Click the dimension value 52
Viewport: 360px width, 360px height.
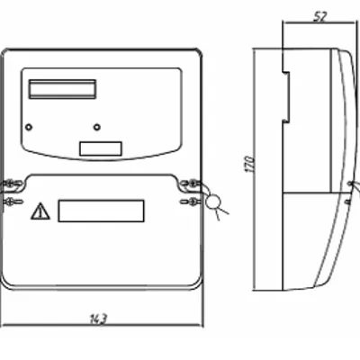(x=320, y=17)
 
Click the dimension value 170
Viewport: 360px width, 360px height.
(x=250, y=164)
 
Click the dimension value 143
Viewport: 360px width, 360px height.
(x=99, y=319)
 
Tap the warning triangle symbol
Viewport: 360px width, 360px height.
(x=40, y=211)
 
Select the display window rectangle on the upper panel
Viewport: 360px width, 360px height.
(x=62, y=89)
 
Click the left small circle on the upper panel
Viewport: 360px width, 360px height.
(x=29, y=127)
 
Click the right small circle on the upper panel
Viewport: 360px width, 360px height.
(x=97, y=127)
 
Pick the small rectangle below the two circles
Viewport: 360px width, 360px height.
(x=101, y=148)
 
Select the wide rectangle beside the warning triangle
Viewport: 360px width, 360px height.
(x=101, y=211)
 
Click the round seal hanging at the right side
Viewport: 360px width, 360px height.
(x=213, y=202)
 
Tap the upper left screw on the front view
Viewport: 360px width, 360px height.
(x=12, y=183)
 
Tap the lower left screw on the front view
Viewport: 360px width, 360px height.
(x=12, y=202)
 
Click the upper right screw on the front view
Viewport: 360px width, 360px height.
(x=192, y=183)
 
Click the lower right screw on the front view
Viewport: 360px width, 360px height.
(x=192, y=202)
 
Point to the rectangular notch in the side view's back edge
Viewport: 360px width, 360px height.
(x=286, y=97)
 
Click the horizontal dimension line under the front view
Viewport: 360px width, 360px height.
(x=102, y=325)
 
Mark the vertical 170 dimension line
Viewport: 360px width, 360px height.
(x=255, y=169)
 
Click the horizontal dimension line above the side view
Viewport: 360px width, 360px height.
(x=319, y=22)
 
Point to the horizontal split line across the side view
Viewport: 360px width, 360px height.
(x=312, y=193)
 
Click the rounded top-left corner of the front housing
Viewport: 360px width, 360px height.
(x=4, y=51)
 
